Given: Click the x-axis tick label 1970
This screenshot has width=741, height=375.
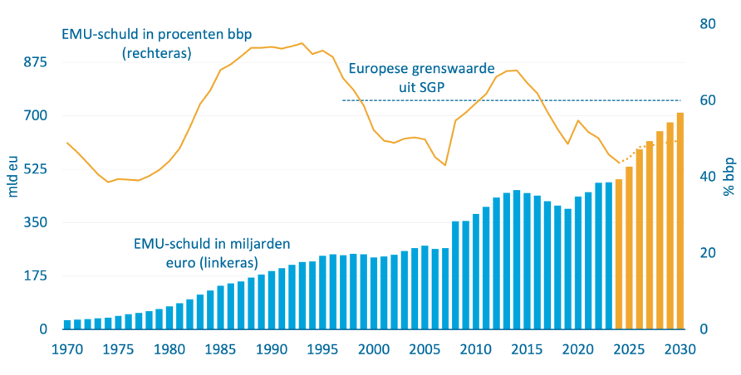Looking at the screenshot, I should (x=67, y=349).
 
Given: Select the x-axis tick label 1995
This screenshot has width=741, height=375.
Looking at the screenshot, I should (x=323, y=349).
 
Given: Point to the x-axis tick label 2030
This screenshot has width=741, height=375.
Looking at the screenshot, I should (x=680, y=349).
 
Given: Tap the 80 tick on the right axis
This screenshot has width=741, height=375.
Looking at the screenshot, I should (x=708, y=24).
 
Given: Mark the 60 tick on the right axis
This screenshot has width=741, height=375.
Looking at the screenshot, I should (x=708, y=100).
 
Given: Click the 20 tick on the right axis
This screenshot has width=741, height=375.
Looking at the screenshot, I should (x=708, y=253).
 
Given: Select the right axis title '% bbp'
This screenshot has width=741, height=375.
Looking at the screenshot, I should (x=729, y=178).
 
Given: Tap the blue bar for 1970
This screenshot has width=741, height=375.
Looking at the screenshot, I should (x=67, y=324).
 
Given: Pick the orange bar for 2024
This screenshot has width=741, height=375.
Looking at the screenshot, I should (x=619, y=254).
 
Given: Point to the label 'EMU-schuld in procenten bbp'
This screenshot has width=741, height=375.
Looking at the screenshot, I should (x=157, y=42).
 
